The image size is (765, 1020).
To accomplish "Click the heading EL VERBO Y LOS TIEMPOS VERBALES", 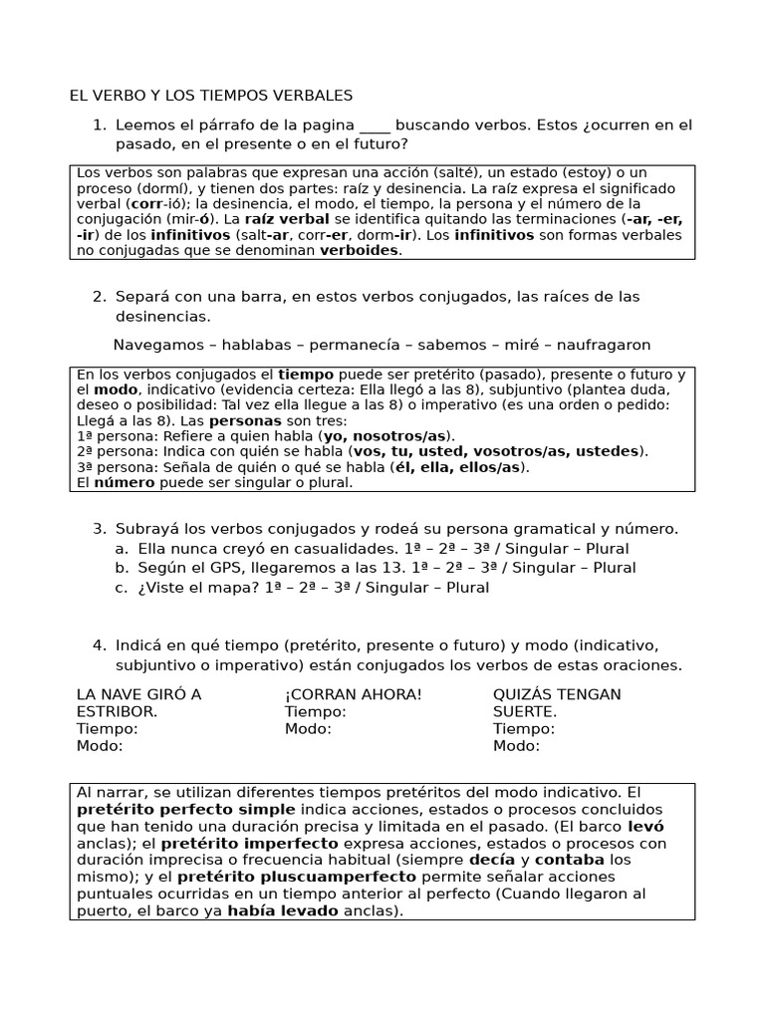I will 210,96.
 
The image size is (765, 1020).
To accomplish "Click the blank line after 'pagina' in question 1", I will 375,127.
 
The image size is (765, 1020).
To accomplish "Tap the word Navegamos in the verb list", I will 154,345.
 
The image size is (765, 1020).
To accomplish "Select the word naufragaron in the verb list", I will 605,345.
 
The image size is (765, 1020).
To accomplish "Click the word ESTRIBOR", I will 117,712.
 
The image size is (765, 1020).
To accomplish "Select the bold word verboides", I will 360,250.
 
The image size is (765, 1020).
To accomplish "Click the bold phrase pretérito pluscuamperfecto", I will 296,877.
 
